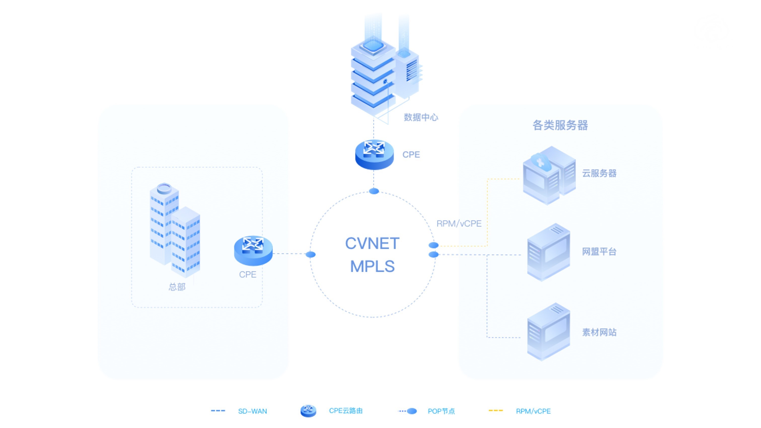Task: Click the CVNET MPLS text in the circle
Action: [372, 255]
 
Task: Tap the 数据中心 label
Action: [421, 117]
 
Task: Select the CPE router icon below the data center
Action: [374, 155]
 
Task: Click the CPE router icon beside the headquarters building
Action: [253, 250]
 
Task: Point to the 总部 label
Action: [177, 287]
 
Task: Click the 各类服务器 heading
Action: [560, 125]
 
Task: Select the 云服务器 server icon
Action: [549, 175]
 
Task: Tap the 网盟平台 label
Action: [599, 252]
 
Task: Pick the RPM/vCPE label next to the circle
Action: [459, 224]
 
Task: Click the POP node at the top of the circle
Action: [374, 191]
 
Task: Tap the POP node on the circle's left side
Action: [310, 254]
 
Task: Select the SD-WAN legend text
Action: [252, 411]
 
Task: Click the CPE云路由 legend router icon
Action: [308, 411]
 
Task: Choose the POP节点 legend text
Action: [441, 411]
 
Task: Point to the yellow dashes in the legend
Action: [495, 411]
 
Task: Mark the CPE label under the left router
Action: [247, 274]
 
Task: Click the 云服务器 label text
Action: [599, 173]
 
